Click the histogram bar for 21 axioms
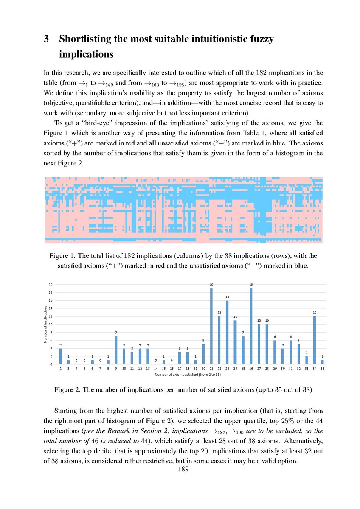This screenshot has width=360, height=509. (x=211, y=326)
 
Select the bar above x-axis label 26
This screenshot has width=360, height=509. (x=251, y=326)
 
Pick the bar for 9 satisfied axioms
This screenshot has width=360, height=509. (x=116, y=350)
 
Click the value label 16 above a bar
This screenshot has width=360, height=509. (x=227, y=296)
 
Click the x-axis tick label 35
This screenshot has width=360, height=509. (x=323, y=369)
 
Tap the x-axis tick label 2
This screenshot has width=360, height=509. (x=61, y=369)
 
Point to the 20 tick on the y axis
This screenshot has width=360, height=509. (x=51, y=284)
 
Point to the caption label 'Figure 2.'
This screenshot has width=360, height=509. (x=67, y=389)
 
